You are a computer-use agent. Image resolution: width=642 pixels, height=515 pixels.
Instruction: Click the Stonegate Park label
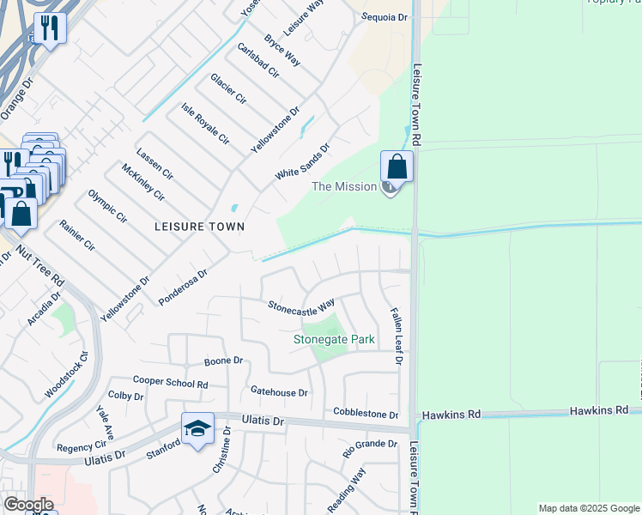(335, 339)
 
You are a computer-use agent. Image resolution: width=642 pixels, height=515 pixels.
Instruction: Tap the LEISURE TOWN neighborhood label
(199, 227)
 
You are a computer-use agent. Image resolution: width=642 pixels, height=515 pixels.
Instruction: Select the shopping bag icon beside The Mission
(397, 165)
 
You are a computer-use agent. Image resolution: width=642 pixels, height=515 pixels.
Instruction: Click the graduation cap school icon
(197, 428)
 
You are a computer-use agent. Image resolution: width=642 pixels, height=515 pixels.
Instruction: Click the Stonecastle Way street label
(301, 306)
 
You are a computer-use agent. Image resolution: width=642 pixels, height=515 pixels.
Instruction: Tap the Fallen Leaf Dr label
(396, 336)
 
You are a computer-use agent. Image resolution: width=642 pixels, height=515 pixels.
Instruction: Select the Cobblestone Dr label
(366, 414)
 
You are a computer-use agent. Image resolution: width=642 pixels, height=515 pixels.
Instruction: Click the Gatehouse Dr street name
(279, 392)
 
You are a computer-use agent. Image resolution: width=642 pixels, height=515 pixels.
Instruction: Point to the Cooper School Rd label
(171, 380)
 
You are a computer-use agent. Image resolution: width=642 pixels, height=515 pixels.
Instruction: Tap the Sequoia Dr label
(385, 17)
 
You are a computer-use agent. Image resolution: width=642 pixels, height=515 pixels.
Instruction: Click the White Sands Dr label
(302, 161)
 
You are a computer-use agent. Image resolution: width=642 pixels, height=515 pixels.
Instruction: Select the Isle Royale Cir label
(205, 124)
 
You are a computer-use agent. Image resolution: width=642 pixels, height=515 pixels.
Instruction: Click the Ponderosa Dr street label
(184, 288)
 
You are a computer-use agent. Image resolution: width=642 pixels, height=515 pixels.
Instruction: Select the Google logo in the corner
(28, 504)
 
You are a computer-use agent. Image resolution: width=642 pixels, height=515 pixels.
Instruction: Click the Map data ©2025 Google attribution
(589, 508)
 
